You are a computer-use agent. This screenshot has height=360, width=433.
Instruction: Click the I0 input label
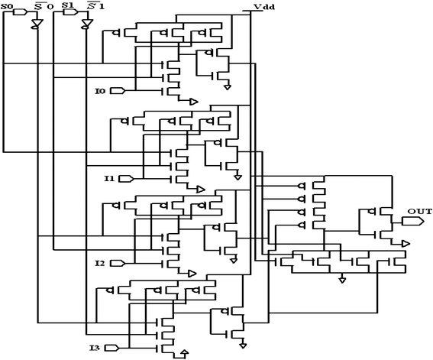coord(99,91)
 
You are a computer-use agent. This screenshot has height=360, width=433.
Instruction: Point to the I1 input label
coord(109,179)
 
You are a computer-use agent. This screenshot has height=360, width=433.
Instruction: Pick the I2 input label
coord(99,263)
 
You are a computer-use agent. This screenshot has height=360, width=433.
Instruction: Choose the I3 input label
coord(95,349)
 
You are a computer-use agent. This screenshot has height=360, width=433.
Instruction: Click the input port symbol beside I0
coord(117,91)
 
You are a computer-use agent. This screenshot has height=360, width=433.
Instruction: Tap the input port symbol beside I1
coord(127,179)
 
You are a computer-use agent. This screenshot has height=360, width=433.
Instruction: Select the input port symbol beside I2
coord(117,263)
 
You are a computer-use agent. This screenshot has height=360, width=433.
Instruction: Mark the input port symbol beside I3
coord(111,349)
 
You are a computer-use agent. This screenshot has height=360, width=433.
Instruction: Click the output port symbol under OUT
coord(412,222)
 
